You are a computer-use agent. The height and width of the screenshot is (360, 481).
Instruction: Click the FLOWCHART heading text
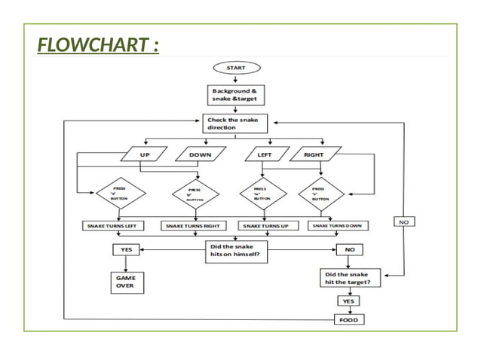pyautogui.click(x=99, y=47)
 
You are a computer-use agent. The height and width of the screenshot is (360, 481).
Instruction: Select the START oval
pyautogui.click(x=235, y=68)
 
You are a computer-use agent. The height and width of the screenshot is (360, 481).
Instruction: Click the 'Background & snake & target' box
pyautogui.click(x=235, y=96)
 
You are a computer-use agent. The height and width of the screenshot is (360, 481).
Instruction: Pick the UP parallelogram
pyautogui.click(x=146, y=155)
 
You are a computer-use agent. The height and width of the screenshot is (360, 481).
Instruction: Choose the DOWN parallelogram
pyautogui.click(x=200, y=155)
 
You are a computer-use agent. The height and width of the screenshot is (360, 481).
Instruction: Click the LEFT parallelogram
pyautogui.click(x=265, y=155)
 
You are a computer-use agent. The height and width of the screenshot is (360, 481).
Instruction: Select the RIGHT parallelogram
pyautogui.click(x=314, y=155)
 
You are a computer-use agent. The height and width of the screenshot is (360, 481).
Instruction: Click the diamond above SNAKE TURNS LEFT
pyautogui.click(x=119, y=194)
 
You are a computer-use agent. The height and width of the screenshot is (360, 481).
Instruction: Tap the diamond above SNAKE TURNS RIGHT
pyautogui.click(x=195, y=194)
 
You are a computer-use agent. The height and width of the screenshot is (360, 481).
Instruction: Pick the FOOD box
pyautogui.click(x=349, y=319)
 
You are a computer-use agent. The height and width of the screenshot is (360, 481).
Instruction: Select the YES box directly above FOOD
pyautogui.click(x=349, y=300)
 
